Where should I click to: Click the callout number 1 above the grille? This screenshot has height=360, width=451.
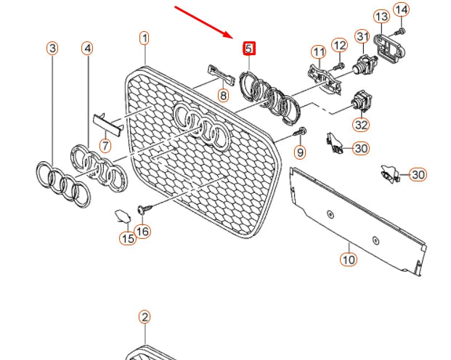click(x=145, y=38)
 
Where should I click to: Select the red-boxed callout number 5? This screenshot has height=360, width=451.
click(x=248, y=49)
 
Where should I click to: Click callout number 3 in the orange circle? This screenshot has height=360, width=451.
click(x=52, y=49)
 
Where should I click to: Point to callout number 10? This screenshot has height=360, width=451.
click(x=348, y=258)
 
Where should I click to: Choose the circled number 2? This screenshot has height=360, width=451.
click(x=145, y=317)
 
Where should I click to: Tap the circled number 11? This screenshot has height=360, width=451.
click(x=318, y=52)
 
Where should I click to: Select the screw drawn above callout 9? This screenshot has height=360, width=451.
click(x=301, y=132)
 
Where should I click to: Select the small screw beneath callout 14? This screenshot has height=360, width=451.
click(x=400, y=31)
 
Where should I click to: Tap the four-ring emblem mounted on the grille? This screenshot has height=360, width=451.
click(x=203, y=124)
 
